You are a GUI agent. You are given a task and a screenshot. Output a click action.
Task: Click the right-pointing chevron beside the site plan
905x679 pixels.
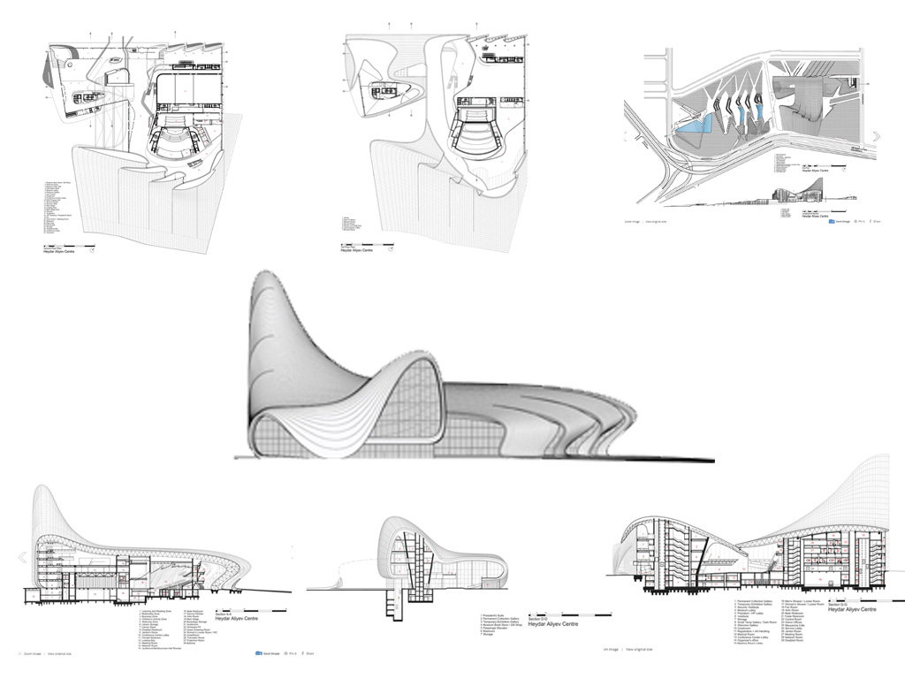(877, 136)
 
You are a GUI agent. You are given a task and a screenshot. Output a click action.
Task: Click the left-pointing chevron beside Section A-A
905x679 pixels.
(22, 557)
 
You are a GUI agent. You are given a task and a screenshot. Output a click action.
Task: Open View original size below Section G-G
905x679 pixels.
(638, 650)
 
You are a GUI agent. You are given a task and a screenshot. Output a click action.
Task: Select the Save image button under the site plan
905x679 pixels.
(838, 222)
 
